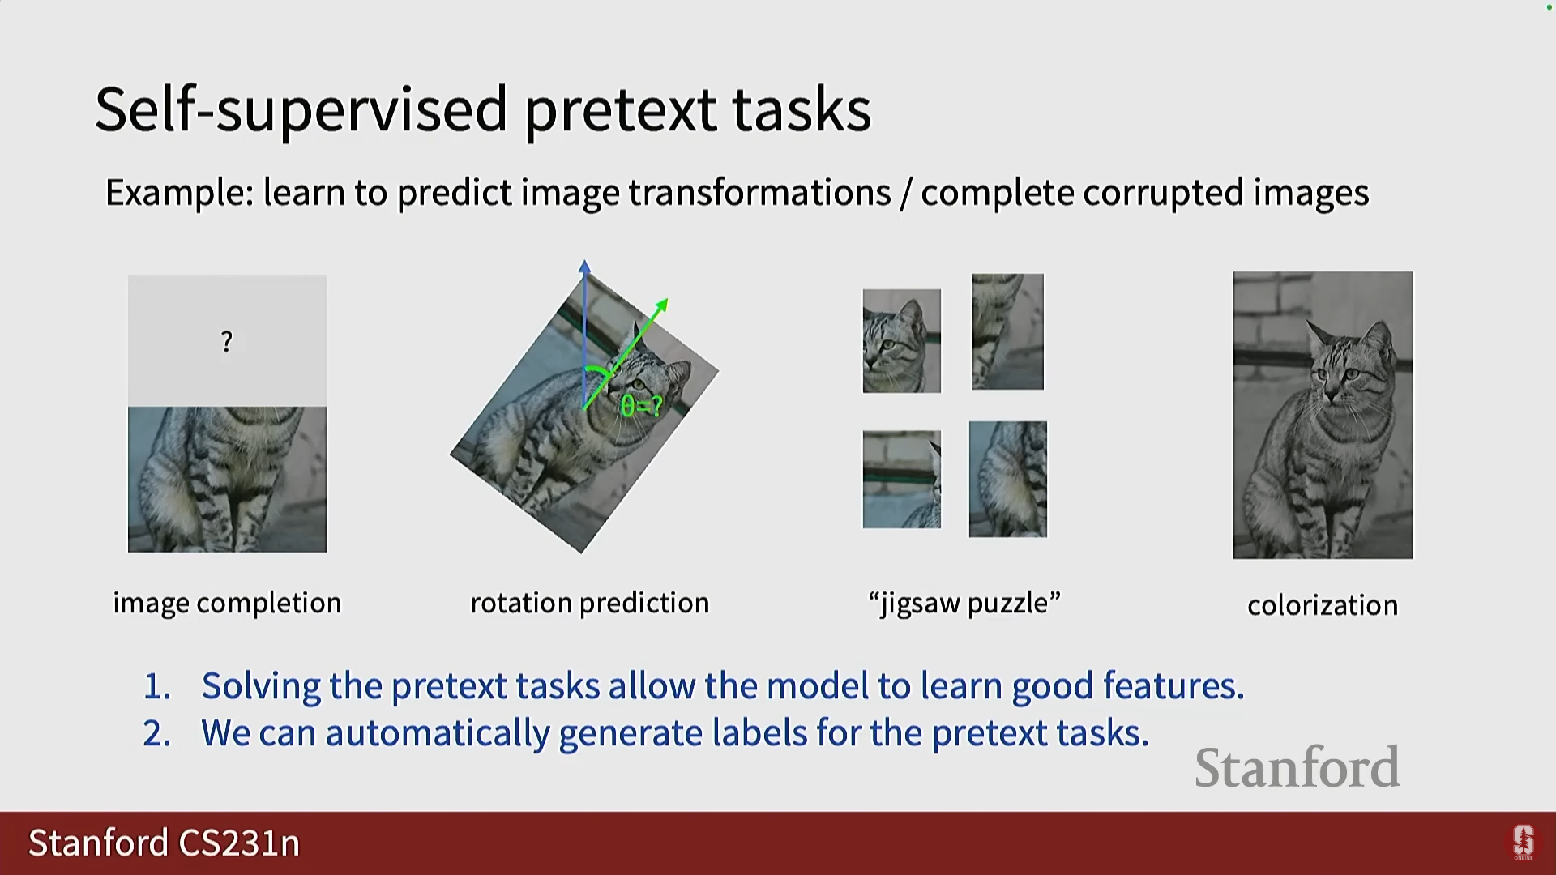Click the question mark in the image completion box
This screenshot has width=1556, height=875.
(x=227, y=342)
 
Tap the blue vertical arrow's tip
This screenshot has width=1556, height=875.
(x=584, y=261)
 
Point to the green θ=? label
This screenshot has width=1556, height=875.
(x=641, y=405)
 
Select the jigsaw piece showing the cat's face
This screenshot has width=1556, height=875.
(x=901, y=341)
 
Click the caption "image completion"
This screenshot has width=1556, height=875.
(x=227, y=604)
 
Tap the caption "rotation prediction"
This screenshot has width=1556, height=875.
(x=590, y=604)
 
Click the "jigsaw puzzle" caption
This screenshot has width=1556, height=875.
(x=964, y=604)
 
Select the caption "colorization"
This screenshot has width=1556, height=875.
(x=1323, y=605)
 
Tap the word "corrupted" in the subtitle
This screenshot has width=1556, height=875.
(x=1163, y=194)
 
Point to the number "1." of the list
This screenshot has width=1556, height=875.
(x=157, y=687)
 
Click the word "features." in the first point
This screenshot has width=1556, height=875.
(x=1173, y=685)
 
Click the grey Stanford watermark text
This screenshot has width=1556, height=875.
(x=1297, y=767)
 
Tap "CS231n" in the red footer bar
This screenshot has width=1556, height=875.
(x=239, y=843)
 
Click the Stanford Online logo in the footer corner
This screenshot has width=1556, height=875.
(x=1524, y=843)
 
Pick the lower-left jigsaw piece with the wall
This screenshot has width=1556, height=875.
(x=901, y=480)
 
